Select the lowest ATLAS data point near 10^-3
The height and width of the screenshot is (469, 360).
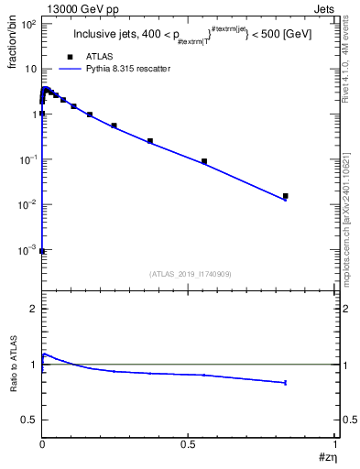pyautogui.click(x=42, y=250)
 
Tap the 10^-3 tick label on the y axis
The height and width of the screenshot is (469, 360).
pyautogui.click(x=27, y=249)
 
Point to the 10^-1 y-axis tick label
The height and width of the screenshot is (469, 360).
pyautogui.click(x=27, y=159)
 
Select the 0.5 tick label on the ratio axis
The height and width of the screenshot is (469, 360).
pyautogui.click(x=28, y=420)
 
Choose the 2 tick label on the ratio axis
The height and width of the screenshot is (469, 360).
pyautogui.click(x=33, y=309)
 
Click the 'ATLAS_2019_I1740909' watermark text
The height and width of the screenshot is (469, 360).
pyautogui.click(x=189, y=274)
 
